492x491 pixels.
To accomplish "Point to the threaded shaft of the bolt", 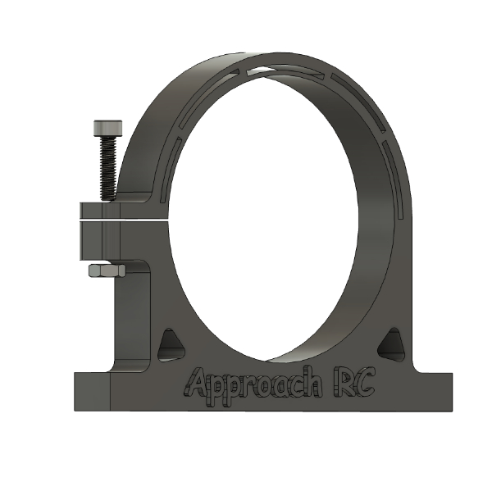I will (107, 168).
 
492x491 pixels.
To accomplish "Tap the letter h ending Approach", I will (310, 382).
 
